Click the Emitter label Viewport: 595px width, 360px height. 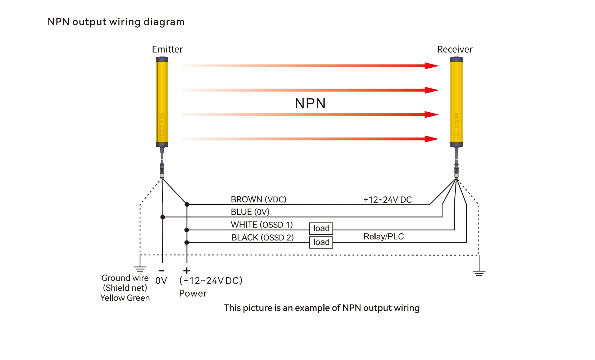167,49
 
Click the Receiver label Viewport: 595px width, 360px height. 455,49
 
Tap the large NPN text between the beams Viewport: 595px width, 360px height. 310,104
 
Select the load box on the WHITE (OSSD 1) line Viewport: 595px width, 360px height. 321,228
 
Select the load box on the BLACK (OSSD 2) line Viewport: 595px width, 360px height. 321,242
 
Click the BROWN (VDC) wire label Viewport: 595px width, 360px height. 258,199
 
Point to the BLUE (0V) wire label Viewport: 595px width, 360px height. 250,212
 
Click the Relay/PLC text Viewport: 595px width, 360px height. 383,237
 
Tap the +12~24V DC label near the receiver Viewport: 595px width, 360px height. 387,200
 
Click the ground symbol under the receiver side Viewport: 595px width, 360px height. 479,273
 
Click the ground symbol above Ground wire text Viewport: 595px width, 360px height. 140,269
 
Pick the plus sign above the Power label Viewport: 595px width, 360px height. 186,271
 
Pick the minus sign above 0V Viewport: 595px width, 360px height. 162,271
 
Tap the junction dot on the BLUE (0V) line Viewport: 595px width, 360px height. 163,217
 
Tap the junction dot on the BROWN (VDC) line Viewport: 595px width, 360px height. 187,204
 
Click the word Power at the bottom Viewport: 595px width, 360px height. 193,293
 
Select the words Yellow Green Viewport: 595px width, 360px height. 125,298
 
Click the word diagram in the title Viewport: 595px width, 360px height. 164,22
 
